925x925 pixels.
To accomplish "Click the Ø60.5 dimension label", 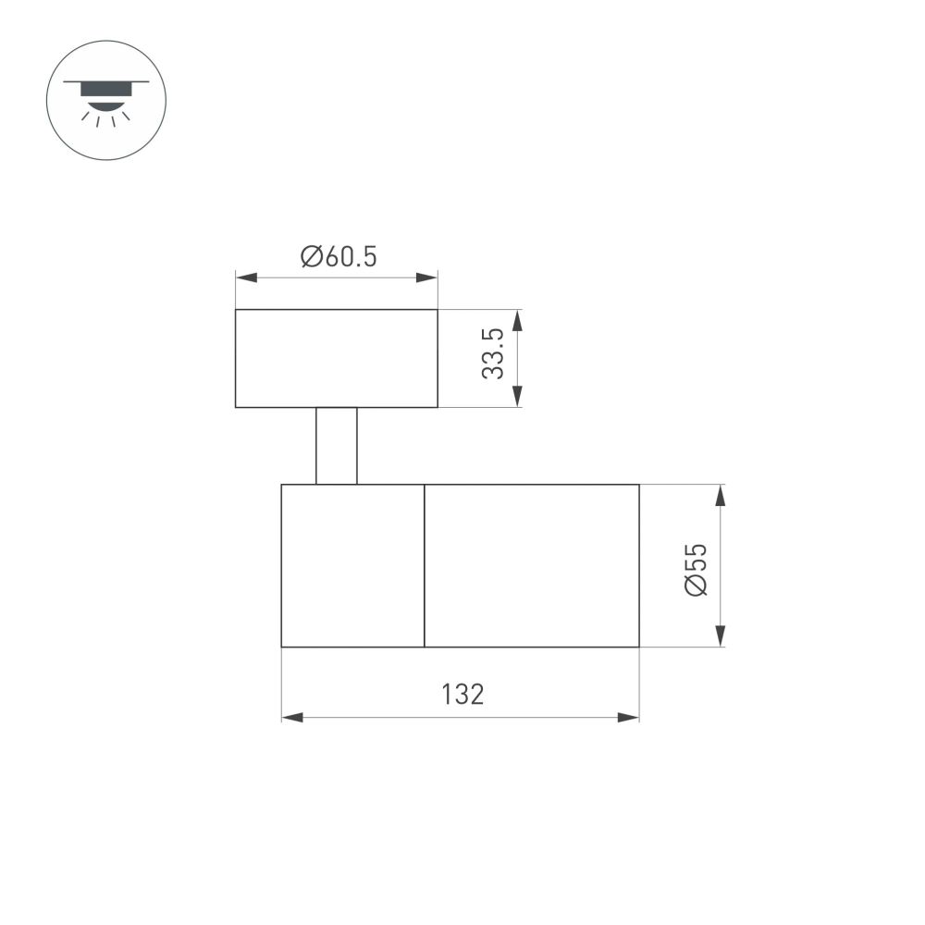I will coord(339,257).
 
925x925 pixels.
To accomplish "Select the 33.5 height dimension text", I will coord(493,353).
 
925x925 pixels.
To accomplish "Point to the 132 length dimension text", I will coord(462,695).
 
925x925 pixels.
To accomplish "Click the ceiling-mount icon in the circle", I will coord(105,100).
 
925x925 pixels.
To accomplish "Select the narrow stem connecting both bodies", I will coord(336,445).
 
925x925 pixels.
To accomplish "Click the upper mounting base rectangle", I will coord(336,358).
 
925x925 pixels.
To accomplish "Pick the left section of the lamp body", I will coord(352,565).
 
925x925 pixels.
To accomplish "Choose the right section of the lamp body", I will coord(531,565).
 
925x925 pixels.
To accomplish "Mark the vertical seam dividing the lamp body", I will coord(424,565).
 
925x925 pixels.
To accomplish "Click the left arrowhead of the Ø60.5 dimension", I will coord(246,277).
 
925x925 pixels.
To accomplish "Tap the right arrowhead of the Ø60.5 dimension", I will coord(427,277).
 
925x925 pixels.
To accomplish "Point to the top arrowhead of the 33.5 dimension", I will coord(517,320).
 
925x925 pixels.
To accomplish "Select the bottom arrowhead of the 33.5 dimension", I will coord(517,396).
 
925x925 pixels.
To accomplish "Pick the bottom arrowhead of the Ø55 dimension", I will coord(721,635).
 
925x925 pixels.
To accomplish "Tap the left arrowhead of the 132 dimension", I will coord(292,717).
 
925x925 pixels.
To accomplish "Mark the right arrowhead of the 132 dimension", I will coord(628,717).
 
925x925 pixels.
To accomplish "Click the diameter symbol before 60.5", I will coord(311,257).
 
